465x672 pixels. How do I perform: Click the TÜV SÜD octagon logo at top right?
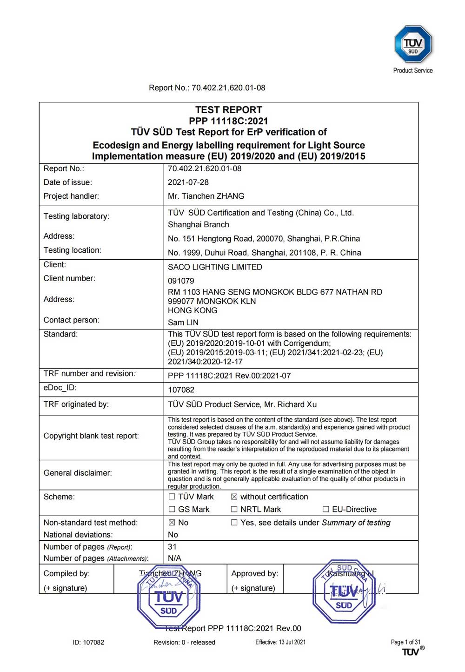[413, 44]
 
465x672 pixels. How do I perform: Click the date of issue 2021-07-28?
[188, 182]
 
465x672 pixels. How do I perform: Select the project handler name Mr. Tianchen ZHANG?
[206, 196]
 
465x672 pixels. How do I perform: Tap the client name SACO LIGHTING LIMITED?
[215, 267]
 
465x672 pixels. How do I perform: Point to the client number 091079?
[181, 281]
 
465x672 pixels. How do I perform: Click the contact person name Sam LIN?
[183, 323]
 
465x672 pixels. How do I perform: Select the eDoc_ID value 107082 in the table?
[181, 390]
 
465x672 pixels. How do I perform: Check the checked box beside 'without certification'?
[234, 497]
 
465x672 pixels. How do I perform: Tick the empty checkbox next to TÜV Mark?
[172, 497]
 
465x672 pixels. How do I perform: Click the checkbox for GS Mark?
[172, 510]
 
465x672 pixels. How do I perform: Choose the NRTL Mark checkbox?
[234, 510]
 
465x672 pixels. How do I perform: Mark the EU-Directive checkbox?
[325, 510]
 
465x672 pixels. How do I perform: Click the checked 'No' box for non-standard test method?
[172, 523]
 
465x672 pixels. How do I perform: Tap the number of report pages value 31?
[172, 547]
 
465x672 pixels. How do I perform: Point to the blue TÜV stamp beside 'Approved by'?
[344, 592]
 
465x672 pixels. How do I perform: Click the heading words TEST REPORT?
[228, 110]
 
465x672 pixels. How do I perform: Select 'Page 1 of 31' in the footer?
[405, 642]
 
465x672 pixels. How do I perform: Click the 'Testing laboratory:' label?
[76, 216]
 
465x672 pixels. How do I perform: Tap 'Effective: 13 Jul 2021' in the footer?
[280, 642]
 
